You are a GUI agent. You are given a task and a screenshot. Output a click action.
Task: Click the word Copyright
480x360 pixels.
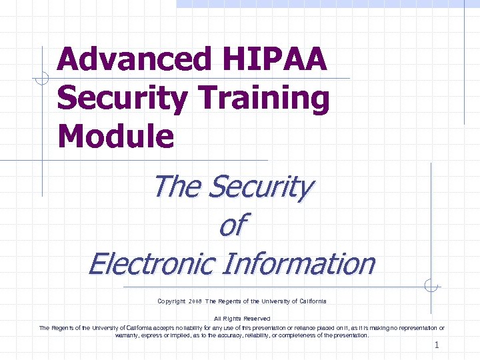[171, 301]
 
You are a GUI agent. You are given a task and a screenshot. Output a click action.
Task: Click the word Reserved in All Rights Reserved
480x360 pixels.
[256, 319]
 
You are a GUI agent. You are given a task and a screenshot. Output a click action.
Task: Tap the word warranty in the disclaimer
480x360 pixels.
[131, 335]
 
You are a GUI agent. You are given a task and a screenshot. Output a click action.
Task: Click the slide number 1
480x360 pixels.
[437, 345]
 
